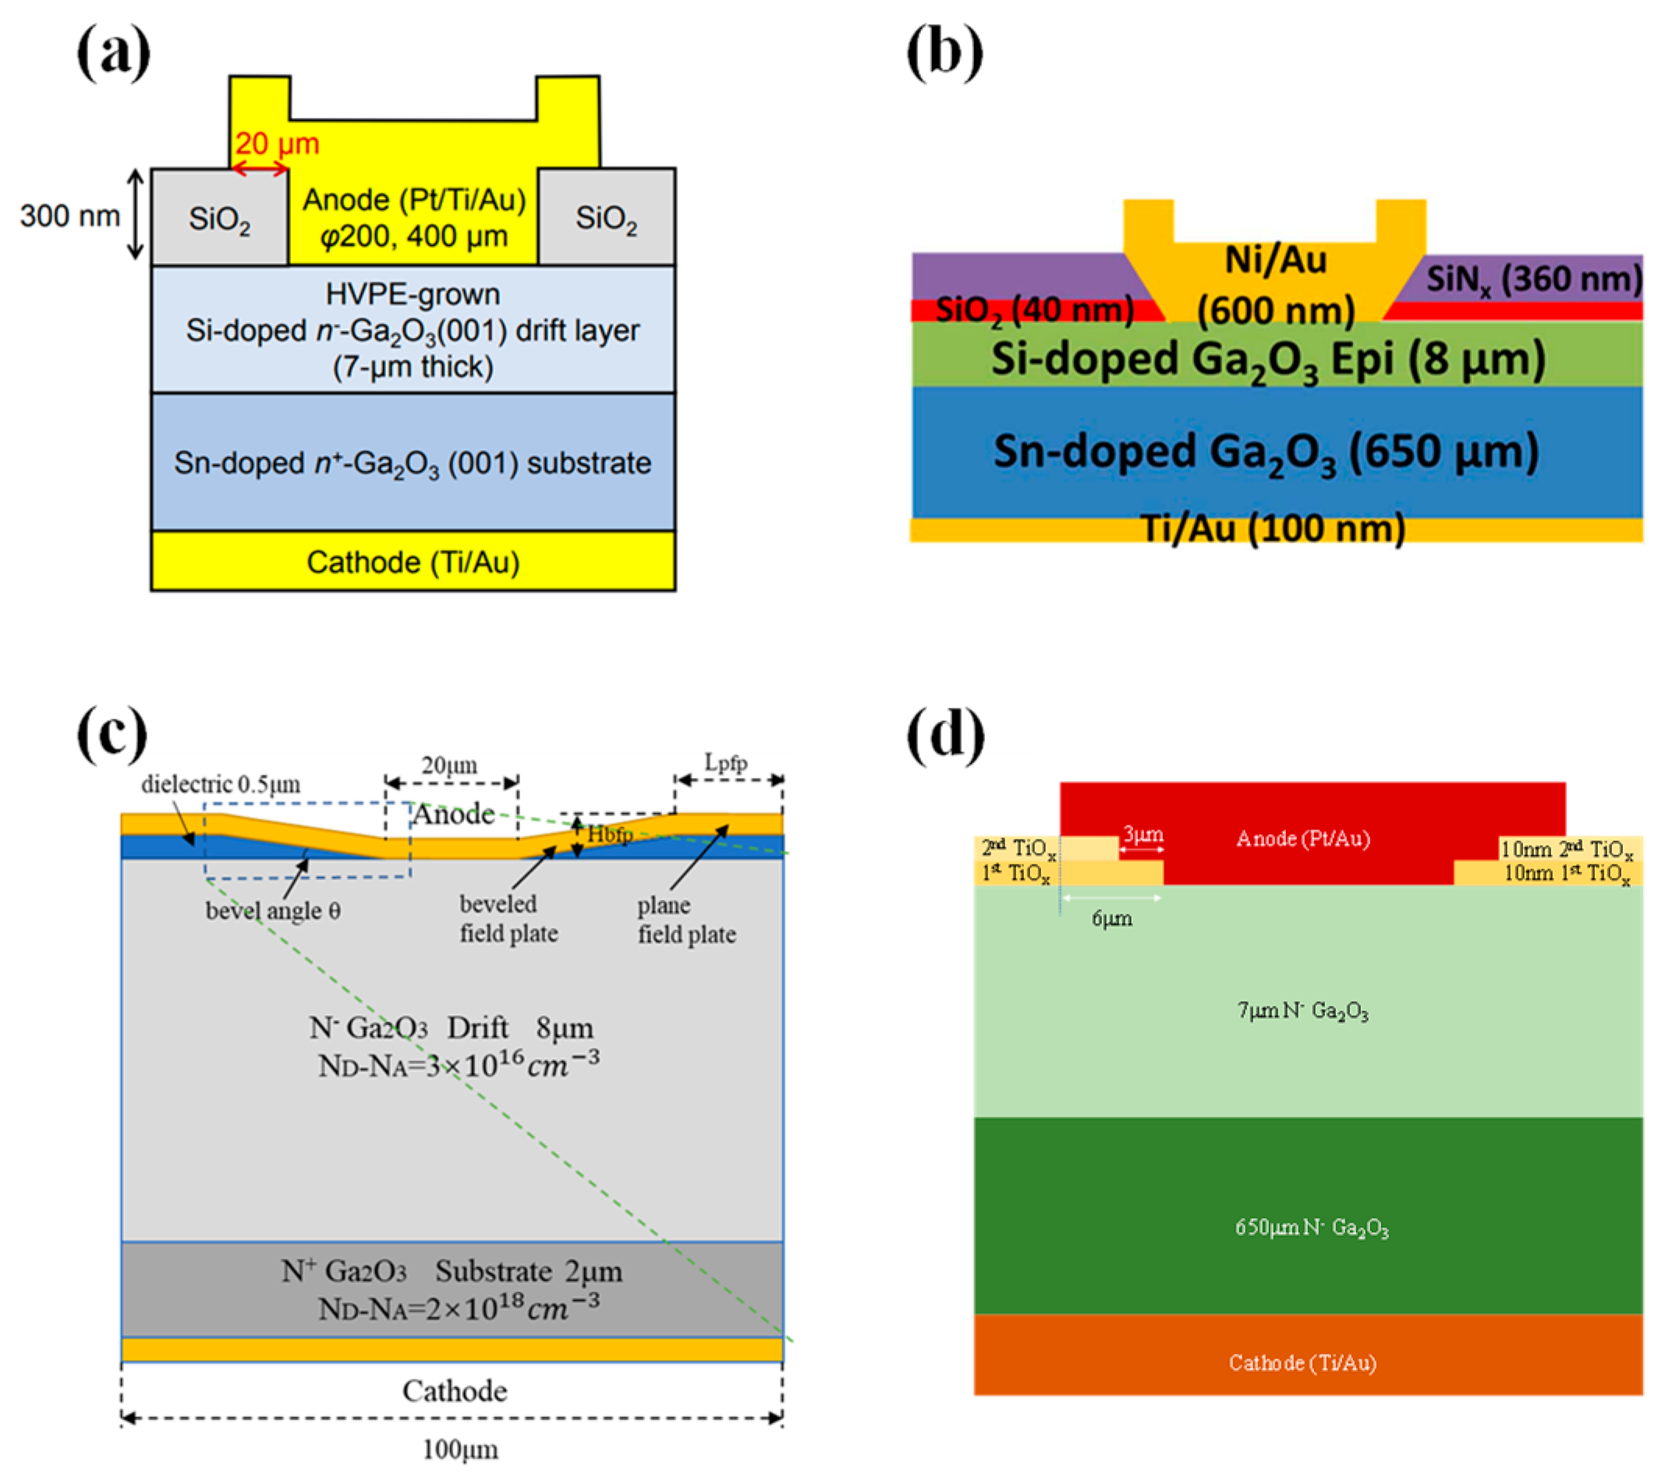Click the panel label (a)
click(113, 51)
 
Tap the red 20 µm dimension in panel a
click(277, 144)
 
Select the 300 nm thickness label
click(70, 216)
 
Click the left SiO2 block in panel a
click(219, 218)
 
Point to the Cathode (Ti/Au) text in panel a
click(413, 563)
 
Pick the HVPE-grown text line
click(413, 294)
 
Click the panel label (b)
click(944, 51)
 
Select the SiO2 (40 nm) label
click(1034, 311)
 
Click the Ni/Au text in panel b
click(1275, 261)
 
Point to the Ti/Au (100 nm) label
click(1273, 528)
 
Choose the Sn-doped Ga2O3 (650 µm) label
click(1266, 453)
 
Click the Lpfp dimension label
click(726, 762)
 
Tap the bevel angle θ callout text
click(273, 911)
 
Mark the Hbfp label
click(610, 835)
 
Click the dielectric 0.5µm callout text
click(220, 784)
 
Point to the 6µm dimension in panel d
click(1111, 918)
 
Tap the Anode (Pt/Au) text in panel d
click(1304, 839)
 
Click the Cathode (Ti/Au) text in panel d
click(1303, 1363)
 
